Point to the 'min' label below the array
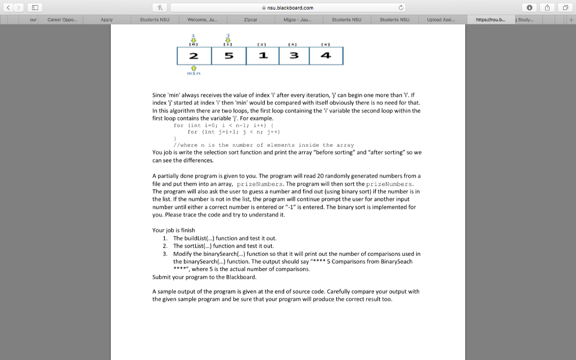[x=193, y=73]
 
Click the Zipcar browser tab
[x=251, y=20]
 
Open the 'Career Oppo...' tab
[x=64, y=20]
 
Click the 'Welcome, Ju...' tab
[x=202, y=20]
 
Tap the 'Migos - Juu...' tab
[x=299, y=20]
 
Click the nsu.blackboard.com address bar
[x=287, y=7]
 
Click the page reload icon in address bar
[x=402, y=7]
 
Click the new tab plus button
[x=571, y=20]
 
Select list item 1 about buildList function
[x=224, y=238]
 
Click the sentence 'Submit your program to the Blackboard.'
[x=204, y=277]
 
